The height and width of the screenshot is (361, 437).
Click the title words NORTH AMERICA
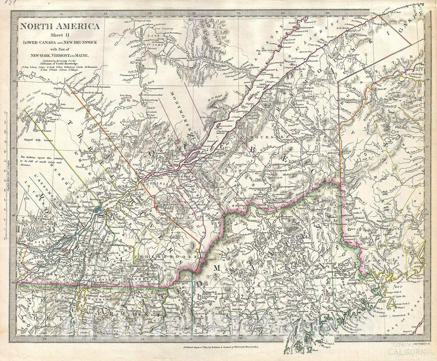click(60, 26)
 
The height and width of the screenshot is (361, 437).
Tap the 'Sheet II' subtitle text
click(60, 35)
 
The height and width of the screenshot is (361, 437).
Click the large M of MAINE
click(217, 268)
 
